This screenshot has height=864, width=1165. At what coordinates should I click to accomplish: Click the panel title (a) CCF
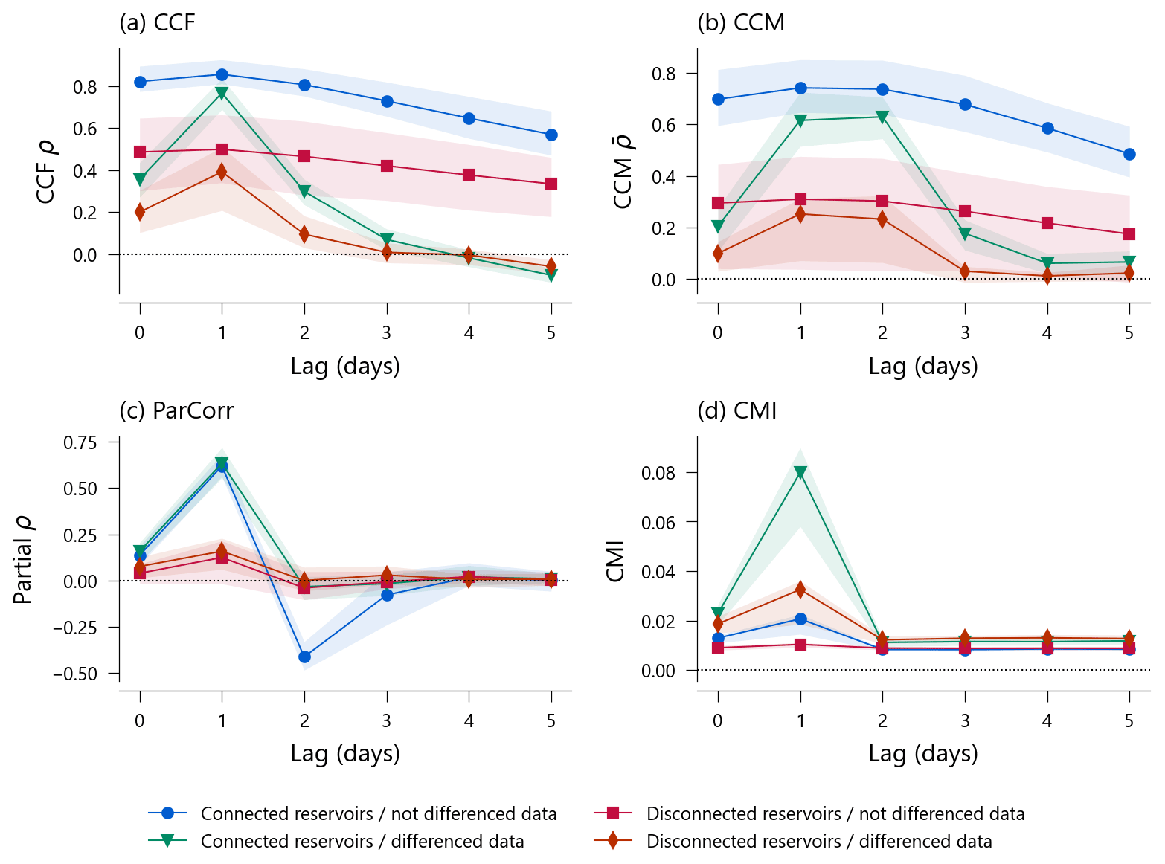coord(157,23)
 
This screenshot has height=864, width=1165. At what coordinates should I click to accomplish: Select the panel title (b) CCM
coord(740,23)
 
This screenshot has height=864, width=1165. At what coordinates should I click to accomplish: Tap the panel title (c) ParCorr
coord(176,411)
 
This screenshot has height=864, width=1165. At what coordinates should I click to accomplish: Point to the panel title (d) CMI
coord(736,411)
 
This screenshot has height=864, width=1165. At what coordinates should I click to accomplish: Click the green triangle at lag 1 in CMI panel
coord(800,473)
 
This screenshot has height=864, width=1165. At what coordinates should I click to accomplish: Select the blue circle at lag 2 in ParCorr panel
coord(304,657)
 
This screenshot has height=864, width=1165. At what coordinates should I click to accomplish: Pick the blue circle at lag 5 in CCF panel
coord(551,135)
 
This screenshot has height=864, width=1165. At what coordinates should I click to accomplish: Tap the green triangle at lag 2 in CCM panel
coord(882,117)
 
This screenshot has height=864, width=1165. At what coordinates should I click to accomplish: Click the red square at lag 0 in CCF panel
coord(140,152)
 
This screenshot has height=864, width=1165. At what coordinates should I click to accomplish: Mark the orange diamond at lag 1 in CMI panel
coord(800,590)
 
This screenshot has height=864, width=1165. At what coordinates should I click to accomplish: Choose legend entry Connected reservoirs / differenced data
coord(362,841)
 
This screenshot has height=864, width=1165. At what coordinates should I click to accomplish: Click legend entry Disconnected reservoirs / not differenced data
coord(835,813)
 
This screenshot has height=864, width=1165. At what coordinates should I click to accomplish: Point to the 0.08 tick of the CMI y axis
coord(658,473)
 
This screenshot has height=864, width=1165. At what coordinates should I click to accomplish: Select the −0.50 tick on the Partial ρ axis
coord(75,674)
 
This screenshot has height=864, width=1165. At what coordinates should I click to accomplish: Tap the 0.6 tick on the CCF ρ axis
coord(86,129)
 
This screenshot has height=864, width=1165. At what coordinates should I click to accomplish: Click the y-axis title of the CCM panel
coord(622,172)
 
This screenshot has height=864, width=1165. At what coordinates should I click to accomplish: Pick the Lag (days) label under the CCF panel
coord(345,366)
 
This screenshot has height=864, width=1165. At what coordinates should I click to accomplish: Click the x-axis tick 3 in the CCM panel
coord(965,333)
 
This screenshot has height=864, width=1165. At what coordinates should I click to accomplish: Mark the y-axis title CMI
coord(616,561)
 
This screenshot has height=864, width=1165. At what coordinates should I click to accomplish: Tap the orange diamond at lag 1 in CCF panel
coord(222,172)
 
